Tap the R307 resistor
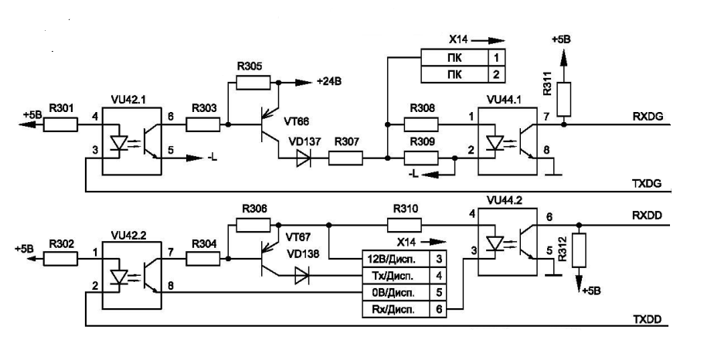pos(347,158)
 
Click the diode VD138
pos(301,274)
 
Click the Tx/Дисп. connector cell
pos(392,274)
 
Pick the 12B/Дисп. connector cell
pos(392,256)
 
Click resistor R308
pos(422,124)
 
